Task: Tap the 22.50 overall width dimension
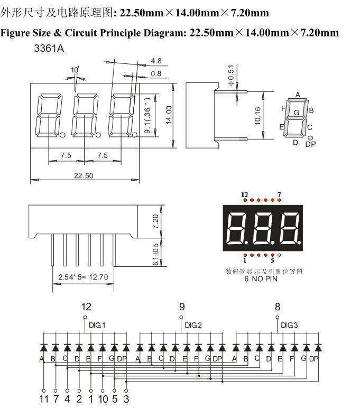[84, 175]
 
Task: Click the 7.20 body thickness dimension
[155, 220]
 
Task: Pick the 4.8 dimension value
[156, 60]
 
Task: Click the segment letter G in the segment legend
[297, 112]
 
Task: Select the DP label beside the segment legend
[310, 144]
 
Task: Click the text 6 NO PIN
[261, 278]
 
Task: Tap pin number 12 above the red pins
[244, 194]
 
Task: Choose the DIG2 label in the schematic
[193, 324]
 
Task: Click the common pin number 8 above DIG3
[277, 306]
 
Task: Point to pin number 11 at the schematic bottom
[43, 399]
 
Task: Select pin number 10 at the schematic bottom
[103, 399]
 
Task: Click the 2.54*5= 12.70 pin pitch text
[83, 276]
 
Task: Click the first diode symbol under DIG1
[43, 348]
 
